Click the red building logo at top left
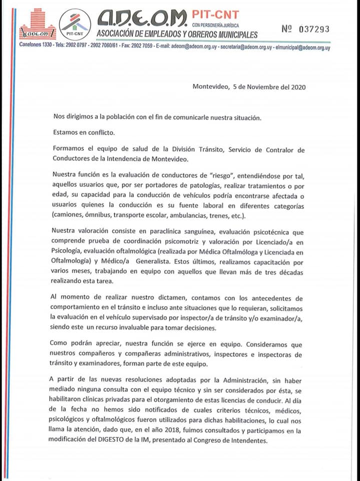point(37,24)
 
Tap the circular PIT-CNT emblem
point(75,24)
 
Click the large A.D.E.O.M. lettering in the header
point(142,19)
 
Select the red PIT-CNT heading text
point(215,15)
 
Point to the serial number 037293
point(314,29)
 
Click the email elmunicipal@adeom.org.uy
point(302,48)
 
